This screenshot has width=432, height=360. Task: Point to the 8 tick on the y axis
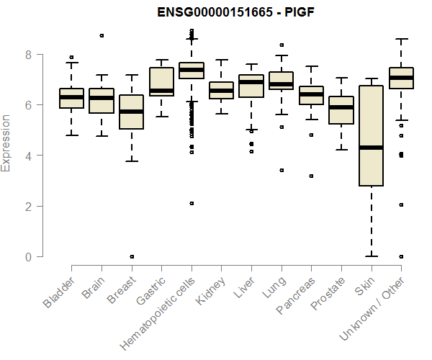tap(28, 55)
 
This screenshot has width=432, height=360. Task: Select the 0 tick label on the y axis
tap(28, 257)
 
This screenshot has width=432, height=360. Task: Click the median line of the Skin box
tap(371, 148)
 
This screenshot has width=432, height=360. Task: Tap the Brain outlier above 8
tap(102, 35)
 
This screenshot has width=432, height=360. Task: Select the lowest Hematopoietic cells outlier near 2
tap(192, 204)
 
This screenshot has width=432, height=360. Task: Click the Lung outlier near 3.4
tap(281, 171)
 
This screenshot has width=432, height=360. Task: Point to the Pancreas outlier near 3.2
tap(311, 176)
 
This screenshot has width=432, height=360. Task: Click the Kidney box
tap(221, 90)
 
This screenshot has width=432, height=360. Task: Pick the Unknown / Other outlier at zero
tap(400, 256)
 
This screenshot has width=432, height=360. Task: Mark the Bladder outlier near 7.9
tap(71, 57)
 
